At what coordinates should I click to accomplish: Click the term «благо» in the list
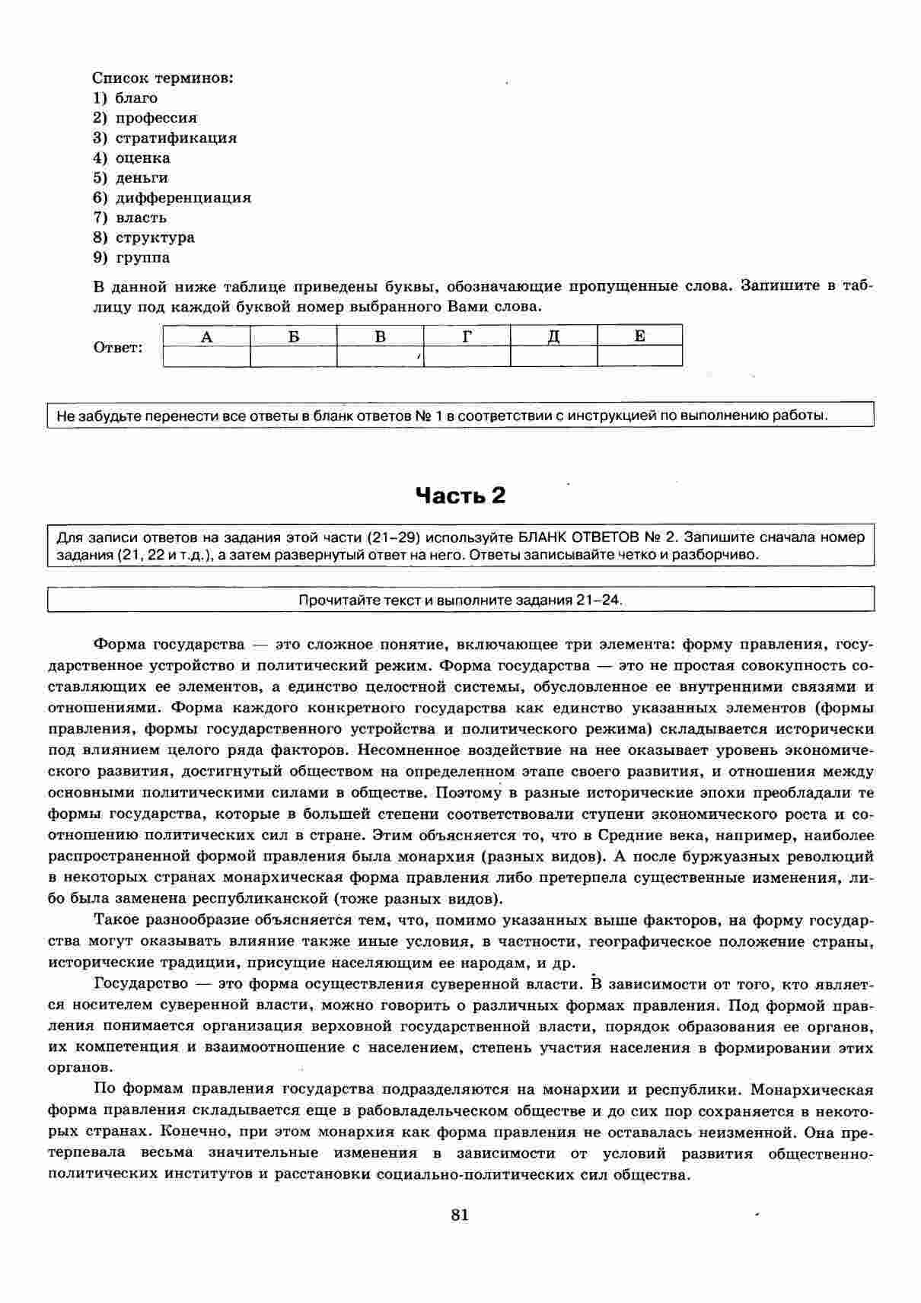[x=136, y=98]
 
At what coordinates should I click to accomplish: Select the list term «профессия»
[x=156, y=118]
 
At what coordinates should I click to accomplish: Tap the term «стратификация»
[x=176, y=138]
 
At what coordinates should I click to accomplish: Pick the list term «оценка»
[x=143, y=158]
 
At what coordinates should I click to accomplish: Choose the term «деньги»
[x=142, y=178]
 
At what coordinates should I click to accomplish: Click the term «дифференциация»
[x=183, y=198]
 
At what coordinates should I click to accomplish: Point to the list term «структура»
[x=155, y=237]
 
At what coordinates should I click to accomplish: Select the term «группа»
[x=143, y=257]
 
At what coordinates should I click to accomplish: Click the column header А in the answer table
[x=206, y=336]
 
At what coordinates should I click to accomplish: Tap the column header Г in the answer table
[x=467, y=336]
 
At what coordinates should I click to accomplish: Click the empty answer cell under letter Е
[x=639, y=356]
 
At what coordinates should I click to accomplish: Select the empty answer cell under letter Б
[x=293, y=356]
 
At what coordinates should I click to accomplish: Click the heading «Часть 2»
[x=460, y=495]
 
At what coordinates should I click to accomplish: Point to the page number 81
[x=460, y=1215]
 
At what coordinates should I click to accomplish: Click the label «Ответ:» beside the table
[x=118, y=348]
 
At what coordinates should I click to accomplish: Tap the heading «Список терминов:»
[x=162, y=78]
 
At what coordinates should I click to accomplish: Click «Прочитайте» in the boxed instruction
[x=332, y=600]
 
